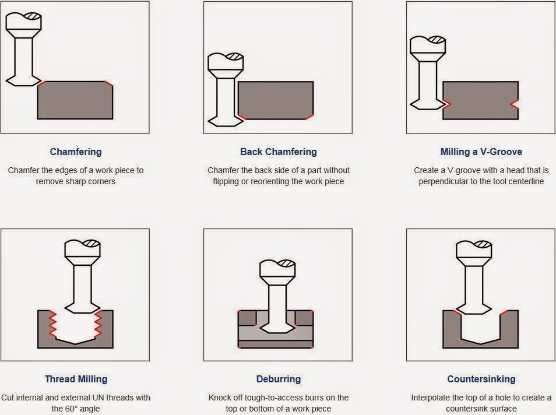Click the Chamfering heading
click(76, 152)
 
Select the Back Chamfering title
click(279, 152)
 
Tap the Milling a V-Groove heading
click(481, 152)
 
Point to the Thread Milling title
click(76, 379)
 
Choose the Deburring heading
click(279, 379)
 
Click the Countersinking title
click(481, 379)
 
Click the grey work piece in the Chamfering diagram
click(75, 100)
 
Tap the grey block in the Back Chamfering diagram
click(276, 100)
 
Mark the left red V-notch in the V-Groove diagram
click(447, 104)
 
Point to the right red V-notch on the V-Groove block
click(514, 104)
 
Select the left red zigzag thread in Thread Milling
click(52, 323)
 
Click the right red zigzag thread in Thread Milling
click(98, 323)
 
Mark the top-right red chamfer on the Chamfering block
click(109, 83)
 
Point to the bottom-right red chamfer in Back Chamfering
click(309, 117)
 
